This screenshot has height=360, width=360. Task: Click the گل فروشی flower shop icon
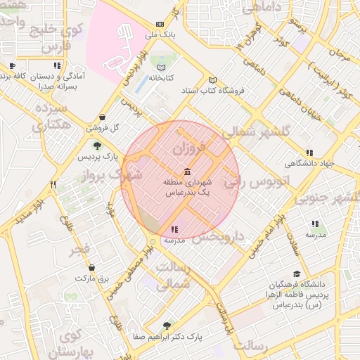[103, 117]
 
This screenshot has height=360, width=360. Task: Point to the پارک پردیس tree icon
[98, 146]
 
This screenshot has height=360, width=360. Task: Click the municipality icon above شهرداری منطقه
[186, 172]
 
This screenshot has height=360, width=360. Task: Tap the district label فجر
[79, 249]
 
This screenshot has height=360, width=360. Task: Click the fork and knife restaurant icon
[53, 184]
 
